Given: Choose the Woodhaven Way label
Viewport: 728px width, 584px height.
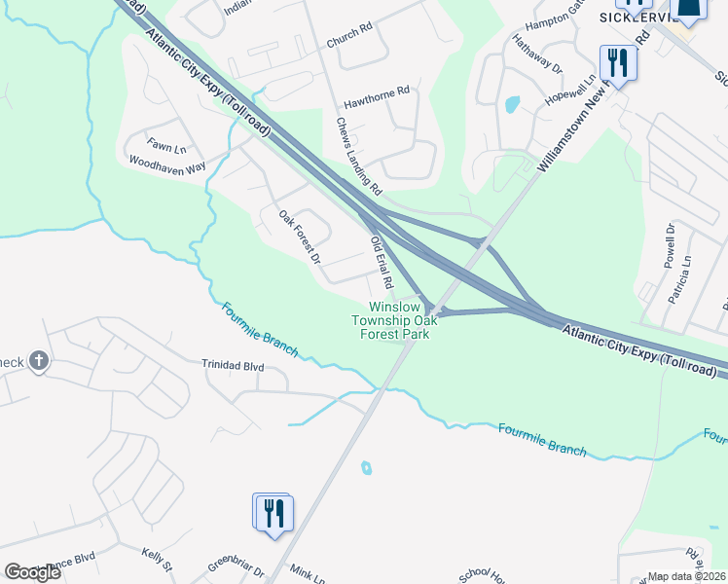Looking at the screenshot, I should (167, 165).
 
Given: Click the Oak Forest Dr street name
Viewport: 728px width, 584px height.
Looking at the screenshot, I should (299, 237).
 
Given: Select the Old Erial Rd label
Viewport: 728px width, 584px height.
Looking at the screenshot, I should (380, 262).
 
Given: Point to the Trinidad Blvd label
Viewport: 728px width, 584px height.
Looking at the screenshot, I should (233, 366).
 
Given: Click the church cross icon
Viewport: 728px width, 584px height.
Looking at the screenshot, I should (38, 362).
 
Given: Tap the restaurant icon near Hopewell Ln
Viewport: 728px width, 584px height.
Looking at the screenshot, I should (617, 63).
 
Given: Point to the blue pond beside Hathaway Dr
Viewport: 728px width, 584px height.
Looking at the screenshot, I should (512, 103).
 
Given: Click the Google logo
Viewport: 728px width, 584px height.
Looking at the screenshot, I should (32, 571).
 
